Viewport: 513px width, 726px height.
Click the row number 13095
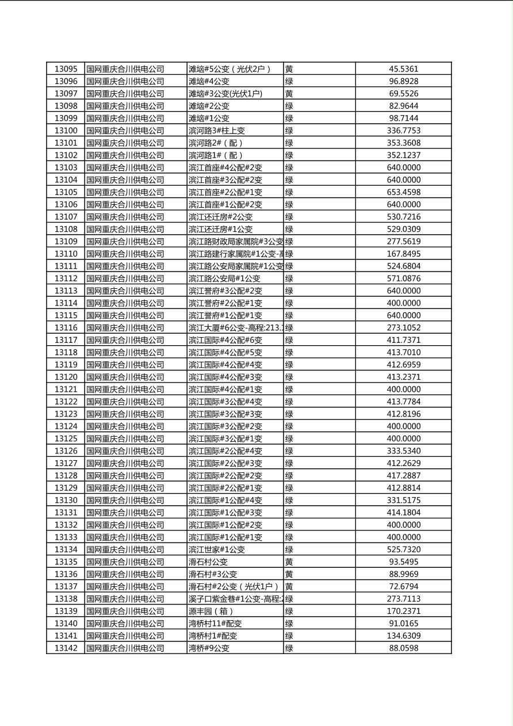click(66, 69)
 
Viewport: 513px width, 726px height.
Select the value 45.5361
click(403, 69)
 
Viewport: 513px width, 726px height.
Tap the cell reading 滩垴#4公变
click(209, 82)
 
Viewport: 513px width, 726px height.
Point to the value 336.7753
click(403, 131)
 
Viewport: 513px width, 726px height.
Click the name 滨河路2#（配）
click(216, 143)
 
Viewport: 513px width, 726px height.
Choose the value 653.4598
click(403, 192)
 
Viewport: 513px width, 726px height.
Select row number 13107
click(66, 217)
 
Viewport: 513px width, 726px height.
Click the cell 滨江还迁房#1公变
click(220, 230)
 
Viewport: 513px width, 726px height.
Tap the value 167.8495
click(403, 254)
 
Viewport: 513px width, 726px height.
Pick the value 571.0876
click(403, 278)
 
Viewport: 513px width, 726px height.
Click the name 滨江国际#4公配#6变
click(225, 340)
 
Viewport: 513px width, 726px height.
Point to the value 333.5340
click(403, 451)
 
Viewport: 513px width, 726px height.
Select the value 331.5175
click(403, 500)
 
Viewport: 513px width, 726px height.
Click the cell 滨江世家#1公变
click(216, 549)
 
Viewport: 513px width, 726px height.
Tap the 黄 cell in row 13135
click(289, 562)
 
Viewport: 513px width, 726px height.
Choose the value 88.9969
click(403, 574)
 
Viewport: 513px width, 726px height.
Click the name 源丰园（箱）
click(211, 611)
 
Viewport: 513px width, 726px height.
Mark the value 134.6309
click(403, 636)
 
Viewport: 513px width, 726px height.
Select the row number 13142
click(66, 648)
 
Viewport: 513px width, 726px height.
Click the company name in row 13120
click(125, 377)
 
